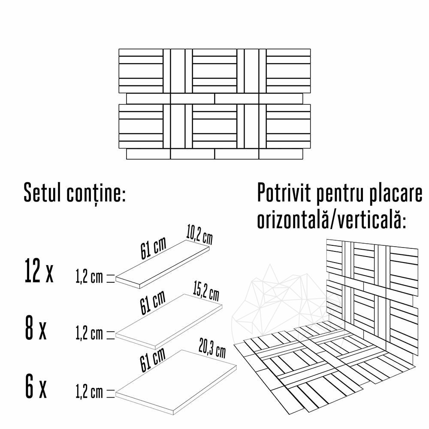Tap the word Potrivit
[x=284, y=193]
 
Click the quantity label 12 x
[x=39, y=271]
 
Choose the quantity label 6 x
[x=36, y=386]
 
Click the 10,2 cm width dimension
[x=199, y=235]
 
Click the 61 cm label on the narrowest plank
[x=153, y=248]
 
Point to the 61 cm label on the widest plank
[x=153, y=360]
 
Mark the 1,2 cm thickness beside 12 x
[x=89, y=278]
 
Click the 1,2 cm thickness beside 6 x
[x=89, y=393]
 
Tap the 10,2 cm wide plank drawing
[x=163, y=264]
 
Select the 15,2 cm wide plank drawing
[x=169, y=321]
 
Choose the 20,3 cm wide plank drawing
[x=176, y=382]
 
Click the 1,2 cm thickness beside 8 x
[x=89, y=334]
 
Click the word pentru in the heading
[x=339, y=194]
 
